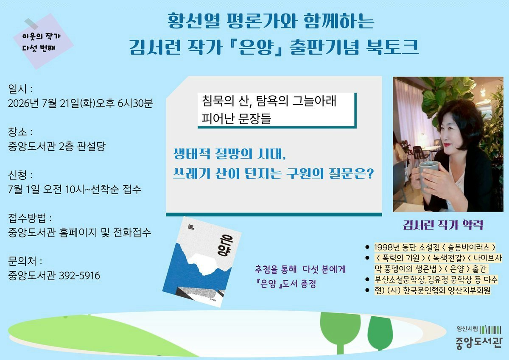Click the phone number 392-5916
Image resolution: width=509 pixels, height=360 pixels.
79,276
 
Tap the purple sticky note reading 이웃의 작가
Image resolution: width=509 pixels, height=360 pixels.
43,41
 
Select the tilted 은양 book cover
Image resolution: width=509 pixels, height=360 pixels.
202,262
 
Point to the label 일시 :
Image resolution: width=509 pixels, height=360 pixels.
20,89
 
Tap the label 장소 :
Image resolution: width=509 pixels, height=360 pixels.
20,132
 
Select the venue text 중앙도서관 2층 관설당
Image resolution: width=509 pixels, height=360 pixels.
57,146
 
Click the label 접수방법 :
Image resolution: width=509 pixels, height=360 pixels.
30,218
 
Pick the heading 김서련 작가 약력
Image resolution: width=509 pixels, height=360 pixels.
443,225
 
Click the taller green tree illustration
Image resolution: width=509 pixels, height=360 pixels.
340,333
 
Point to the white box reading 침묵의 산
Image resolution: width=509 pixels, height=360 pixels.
277,110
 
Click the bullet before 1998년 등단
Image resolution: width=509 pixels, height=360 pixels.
367,247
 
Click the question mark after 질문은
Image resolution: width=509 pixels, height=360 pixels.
370,174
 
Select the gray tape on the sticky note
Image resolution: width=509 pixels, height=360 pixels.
31,24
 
